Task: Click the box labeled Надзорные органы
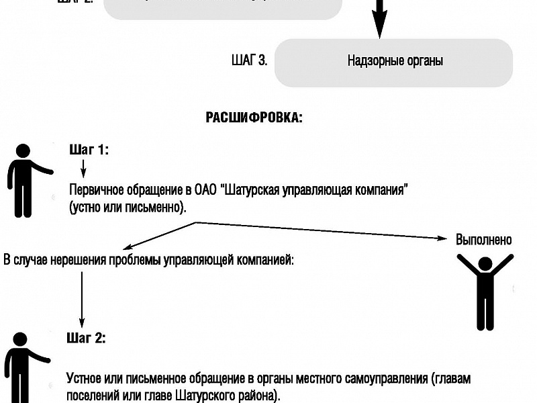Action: (395, 62)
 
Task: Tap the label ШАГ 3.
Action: (248, 60)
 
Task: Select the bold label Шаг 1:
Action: (89, 150)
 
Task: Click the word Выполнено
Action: (483, 240)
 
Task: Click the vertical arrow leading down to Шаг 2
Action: (82, 296)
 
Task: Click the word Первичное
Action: (93, 189)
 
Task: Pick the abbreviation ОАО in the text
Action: (206, 189)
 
